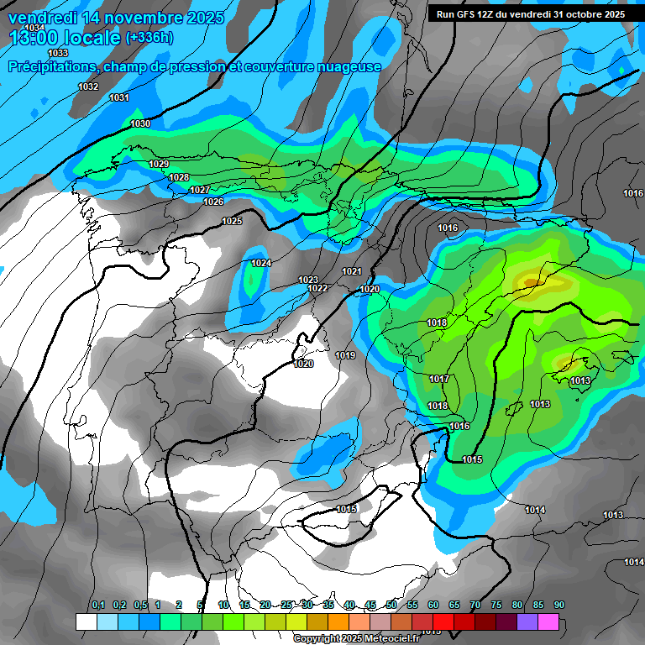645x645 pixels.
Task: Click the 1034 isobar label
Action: [35, 28]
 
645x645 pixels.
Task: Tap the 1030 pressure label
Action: [140, 124]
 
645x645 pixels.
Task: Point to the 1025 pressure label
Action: [232, 221]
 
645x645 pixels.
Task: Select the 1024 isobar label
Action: [261, 264]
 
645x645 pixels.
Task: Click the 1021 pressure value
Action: [351, 271]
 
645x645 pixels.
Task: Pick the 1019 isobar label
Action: [345, 356]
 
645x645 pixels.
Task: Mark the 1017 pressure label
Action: [438, 380]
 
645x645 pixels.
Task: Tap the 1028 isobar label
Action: [178, 177]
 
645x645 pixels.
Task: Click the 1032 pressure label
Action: [87, 87]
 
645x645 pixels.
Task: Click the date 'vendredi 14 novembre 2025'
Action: [116, 18]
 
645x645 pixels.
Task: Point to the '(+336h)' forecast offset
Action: [149, 38]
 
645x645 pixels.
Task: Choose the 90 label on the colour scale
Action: [559, 605]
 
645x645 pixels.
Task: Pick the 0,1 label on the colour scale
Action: [97, 605]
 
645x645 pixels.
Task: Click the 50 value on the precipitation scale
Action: [391, 605]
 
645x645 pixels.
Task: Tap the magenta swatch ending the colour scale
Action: [548, 622]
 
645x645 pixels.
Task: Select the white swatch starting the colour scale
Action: [86, 622]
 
